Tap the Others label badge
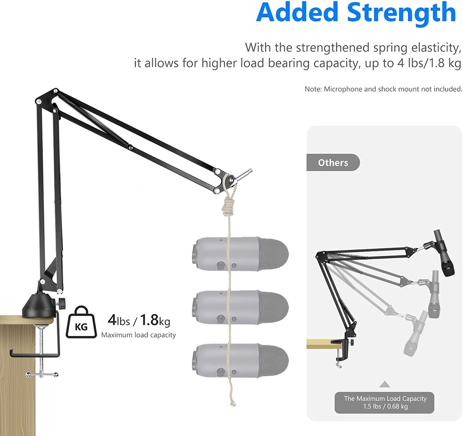point(333,162)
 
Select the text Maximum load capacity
point(138,335)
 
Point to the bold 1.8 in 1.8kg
point(149,320)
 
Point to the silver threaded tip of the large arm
point(246,173)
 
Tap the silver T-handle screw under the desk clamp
point(42,374)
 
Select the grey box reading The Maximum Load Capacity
point(384,403)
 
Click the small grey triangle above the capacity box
point(384,384)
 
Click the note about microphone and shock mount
point(383,89)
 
